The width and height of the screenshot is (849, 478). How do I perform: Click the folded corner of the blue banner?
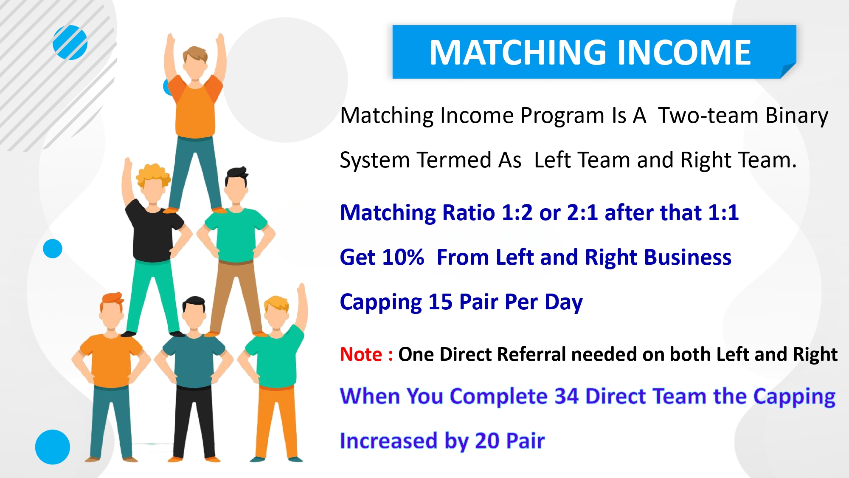(x=788, y=71)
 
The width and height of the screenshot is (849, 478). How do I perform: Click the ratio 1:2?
(x=517, y=212)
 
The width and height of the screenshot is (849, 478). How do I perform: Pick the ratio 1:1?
(x=723, y=212)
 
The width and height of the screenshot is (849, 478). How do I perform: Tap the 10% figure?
(x=403, y=257)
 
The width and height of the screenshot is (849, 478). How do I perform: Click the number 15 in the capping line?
(x=441, y=302)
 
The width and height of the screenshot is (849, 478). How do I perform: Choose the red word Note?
(x=361, y=354)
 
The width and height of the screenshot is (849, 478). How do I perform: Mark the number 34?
(x=566, y=396)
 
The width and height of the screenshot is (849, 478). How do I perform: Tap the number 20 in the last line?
(x=487, y=441)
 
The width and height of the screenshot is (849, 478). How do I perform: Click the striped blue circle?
(x=70, y=42)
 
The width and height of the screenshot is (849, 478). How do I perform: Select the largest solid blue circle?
(x=53, y=447)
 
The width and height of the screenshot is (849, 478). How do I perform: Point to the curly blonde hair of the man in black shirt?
(x=153, y=174)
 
